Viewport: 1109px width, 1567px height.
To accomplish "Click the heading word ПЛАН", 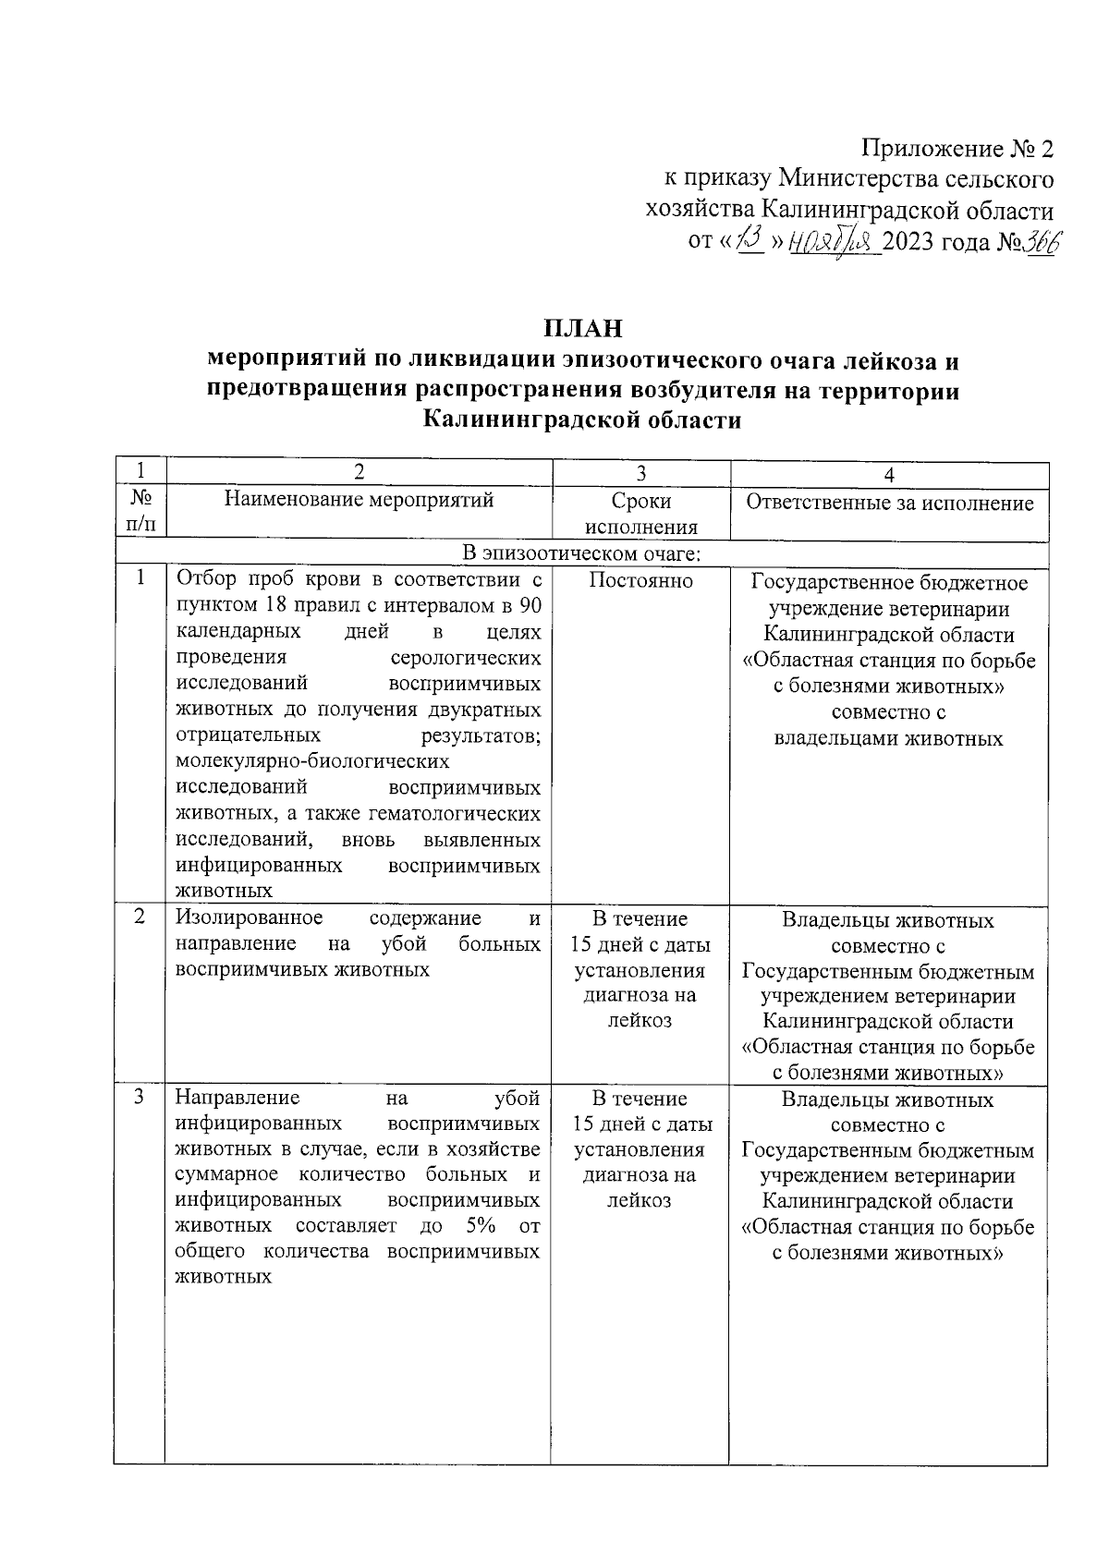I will coord(582,328).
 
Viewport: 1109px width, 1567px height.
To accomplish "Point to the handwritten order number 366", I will coord(1040,242).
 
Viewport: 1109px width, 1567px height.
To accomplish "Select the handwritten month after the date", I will coord(833,243).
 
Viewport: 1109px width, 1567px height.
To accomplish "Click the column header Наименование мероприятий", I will coord(359,501).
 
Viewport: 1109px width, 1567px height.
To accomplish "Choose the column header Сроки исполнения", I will coord(640,514).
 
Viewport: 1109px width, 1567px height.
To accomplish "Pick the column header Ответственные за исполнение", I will coord(889,503).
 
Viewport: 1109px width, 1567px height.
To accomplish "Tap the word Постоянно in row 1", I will coord(640,581).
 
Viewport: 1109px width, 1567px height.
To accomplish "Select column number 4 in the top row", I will coord(889,475).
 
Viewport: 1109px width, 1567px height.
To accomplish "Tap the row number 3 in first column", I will coord(140,1098).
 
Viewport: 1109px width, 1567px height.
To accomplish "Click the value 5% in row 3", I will coord(481,1226).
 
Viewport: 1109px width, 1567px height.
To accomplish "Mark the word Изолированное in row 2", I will coord(250,918).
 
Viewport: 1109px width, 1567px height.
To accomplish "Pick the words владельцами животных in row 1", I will coord(887,739).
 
